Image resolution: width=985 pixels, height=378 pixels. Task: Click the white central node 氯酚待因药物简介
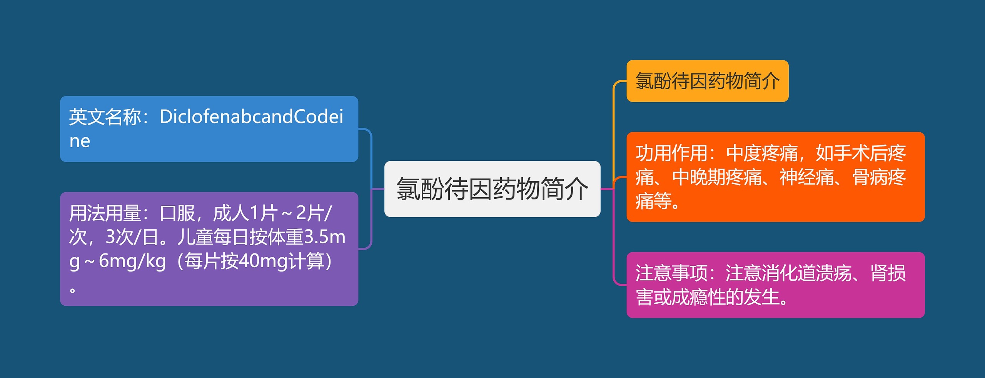492,189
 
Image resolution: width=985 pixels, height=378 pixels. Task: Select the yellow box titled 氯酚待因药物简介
707,81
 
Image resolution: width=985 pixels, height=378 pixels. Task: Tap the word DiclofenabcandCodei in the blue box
251,117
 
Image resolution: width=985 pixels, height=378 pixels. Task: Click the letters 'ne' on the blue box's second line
80,141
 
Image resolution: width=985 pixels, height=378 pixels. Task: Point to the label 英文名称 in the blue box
105,117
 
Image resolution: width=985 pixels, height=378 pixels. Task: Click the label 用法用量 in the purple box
105,213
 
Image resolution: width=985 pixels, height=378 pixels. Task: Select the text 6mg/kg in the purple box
132,261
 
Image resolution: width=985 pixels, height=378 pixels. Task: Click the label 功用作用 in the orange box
671,153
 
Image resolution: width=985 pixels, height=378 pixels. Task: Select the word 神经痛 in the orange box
806,177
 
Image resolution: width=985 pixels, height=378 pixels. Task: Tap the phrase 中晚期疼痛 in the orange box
717,177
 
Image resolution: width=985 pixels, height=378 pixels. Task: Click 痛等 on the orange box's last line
653,201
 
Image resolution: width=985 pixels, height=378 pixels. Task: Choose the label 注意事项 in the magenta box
671,273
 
